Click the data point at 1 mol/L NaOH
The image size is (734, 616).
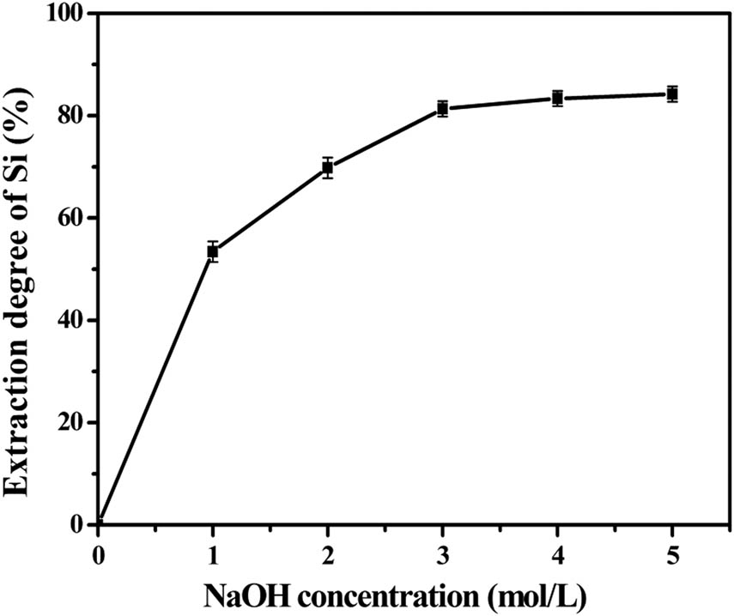[x=213, y=251]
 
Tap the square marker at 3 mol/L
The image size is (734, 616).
[x=442, y=108]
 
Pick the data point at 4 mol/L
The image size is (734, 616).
[x=557, y=98]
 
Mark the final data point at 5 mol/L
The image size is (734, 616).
[x=672, y=94]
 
